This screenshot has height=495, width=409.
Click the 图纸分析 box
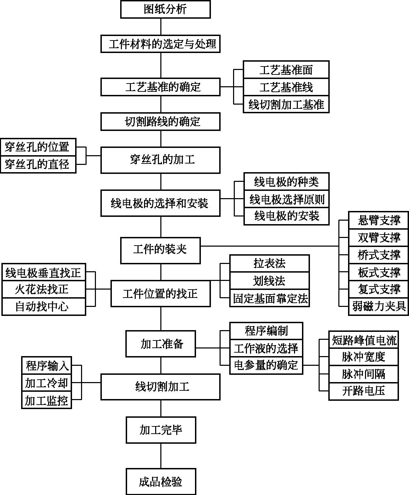pyautogui.click(x=165, y=9)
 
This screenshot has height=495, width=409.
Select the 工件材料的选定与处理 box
pyautogui.click(x=160, y=44)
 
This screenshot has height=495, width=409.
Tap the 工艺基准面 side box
pyautogui.click(x=286, y=70)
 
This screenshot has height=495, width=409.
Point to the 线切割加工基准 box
pyautogui.click(x=286, y=104)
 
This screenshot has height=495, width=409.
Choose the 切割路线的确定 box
pyautogui.click(x=160, y=122)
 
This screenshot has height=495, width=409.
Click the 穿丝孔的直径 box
pyautogui.click(x=38, y=164)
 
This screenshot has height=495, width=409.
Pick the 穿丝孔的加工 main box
pyautogui.click(x=160, y=160)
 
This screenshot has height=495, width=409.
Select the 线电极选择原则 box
pyautogui.click(x=287, y=199)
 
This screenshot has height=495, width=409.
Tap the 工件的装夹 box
pyautogui.click(x=160, y=250)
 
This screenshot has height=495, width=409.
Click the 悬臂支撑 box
pyautogui.click(x=379, y=220)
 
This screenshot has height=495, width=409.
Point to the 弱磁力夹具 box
pyautogui.click(x=379, y=307)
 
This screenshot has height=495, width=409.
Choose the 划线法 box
pyautogui.click(x=269, y=281)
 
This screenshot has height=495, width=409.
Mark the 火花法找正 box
pyautogui.click(x=44, y=289)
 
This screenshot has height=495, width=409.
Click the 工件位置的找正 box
pyautogui.click(x=160, y=293)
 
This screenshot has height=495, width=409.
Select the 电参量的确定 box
pyautogui.click(x=266, y=365)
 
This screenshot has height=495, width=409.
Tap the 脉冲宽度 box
pyautogui.click(x=364, y=357)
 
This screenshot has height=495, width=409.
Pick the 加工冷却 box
pyautogui.click(x=46, y=383)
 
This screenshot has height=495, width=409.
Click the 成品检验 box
pyautogui.click(x=161, y=482)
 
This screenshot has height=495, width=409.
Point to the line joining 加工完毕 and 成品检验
pyautogui.click(x=161, y=456)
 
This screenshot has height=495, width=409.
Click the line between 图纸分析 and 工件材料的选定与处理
pyautogui.click(x=161, y=27)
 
